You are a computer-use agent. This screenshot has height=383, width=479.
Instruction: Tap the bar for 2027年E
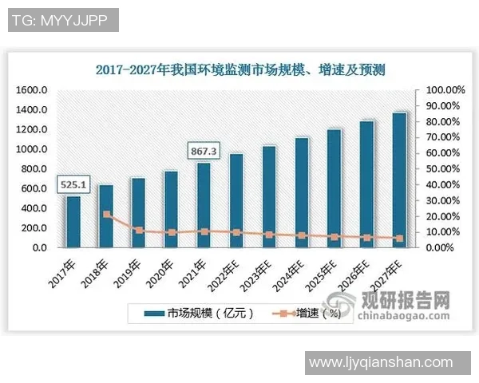(x=399, y=180)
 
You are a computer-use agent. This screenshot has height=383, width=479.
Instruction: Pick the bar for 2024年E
(x=302, y=192)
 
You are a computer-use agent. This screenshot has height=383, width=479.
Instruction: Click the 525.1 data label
(x=73, y=185)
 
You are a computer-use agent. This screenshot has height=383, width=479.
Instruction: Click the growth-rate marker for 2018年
(x=106, y=214)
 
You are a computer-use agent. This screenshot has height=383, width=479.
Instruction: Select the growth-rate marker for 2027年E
(x=399, y=238)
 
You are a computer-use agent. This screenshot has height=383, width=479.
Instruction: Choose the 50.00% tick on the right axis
(x=442, y=169)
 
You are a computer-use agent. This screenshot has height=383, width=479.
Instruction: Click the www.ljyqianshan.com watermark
(x=380, y=363)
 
